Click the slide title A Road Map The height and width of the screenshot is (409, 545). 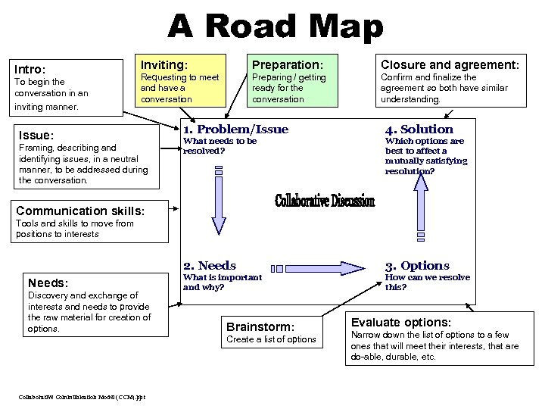[276, 27]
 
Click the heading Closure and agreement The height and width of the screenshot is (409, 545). [450, 65]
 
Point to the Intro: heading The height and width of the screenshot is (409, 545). [31, 69]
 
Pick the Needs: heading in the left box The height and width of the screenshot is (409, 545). [48, 283]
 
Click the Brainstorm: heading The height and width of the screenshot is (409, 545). [260, 326]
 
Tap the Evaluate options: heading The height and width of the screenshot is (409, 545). [400, 322]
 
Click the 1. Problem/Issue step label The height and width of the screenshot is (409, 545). [235, 130]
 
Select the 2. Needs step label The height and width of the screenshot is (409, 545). [210, 265]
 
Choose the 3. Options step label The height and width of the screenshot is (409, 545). [417, 265]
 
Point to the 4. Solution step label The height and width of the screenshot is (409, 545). [419, 130]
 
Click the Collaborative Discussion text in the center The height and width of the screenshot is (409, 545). [324, 201]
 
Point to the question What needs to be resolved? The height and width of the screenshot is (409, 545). [220, 145]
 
